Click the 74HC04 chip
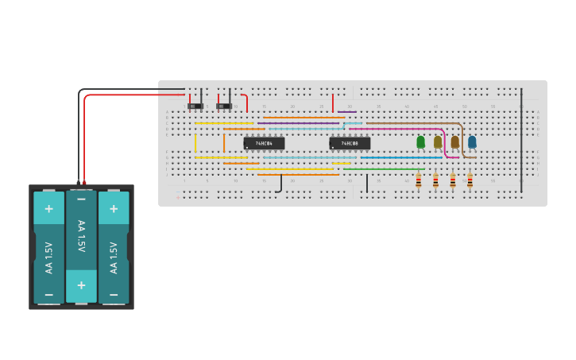pos(264,143)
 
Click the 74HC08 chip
pos(350,143)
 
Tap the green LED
pos(420,142)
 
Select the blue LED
pos(472,142)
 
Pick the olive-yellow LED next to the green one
pos(438,142)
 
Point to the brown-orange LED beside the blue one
pos(454,142)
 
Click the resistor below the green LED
pos(419,181)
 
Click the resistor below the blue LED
pos(470,181)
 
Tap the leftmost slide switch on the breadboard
pos(195,106)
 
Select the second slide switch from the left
pos(223,106)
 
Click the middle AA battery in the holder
pos(81,246)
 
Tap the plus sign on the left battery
pos(48,209)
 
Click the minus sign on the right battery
pos(114,294)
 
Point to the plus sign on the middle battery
pos(81,285)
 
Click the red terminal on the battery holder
pos(84,183)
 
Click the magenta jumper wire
pos(397,129)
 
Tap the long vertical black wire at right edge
pos(521,139)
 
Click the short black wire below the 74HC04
pos(280,184)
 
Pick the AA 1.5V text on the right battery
pos(114,257)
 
